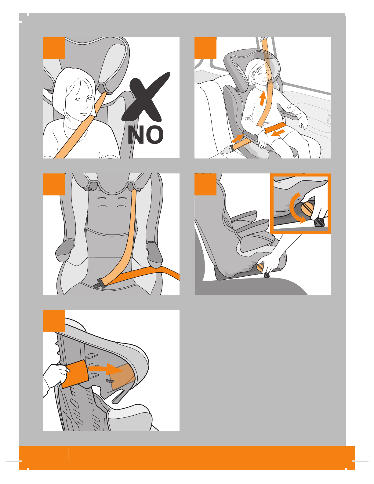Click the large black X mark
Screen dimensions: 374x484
[x=146, y=98]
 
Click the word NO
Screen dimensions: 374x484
[x=146, y=135]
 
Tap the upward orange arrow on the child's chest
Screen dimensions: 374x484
[x=263, y=98]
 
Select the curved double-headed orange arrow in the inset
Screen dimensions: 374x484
[x=295, y=208]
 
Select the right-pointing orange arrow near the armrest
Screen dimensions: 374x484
[x=238, y=139]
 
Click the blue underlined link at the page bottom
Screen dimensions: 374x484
[x=60, y=481]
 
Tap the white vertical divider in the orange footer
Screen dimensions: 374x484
[x=68, y=454]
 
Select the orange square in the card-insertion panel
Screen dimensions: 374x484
[x=54, y=321]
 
